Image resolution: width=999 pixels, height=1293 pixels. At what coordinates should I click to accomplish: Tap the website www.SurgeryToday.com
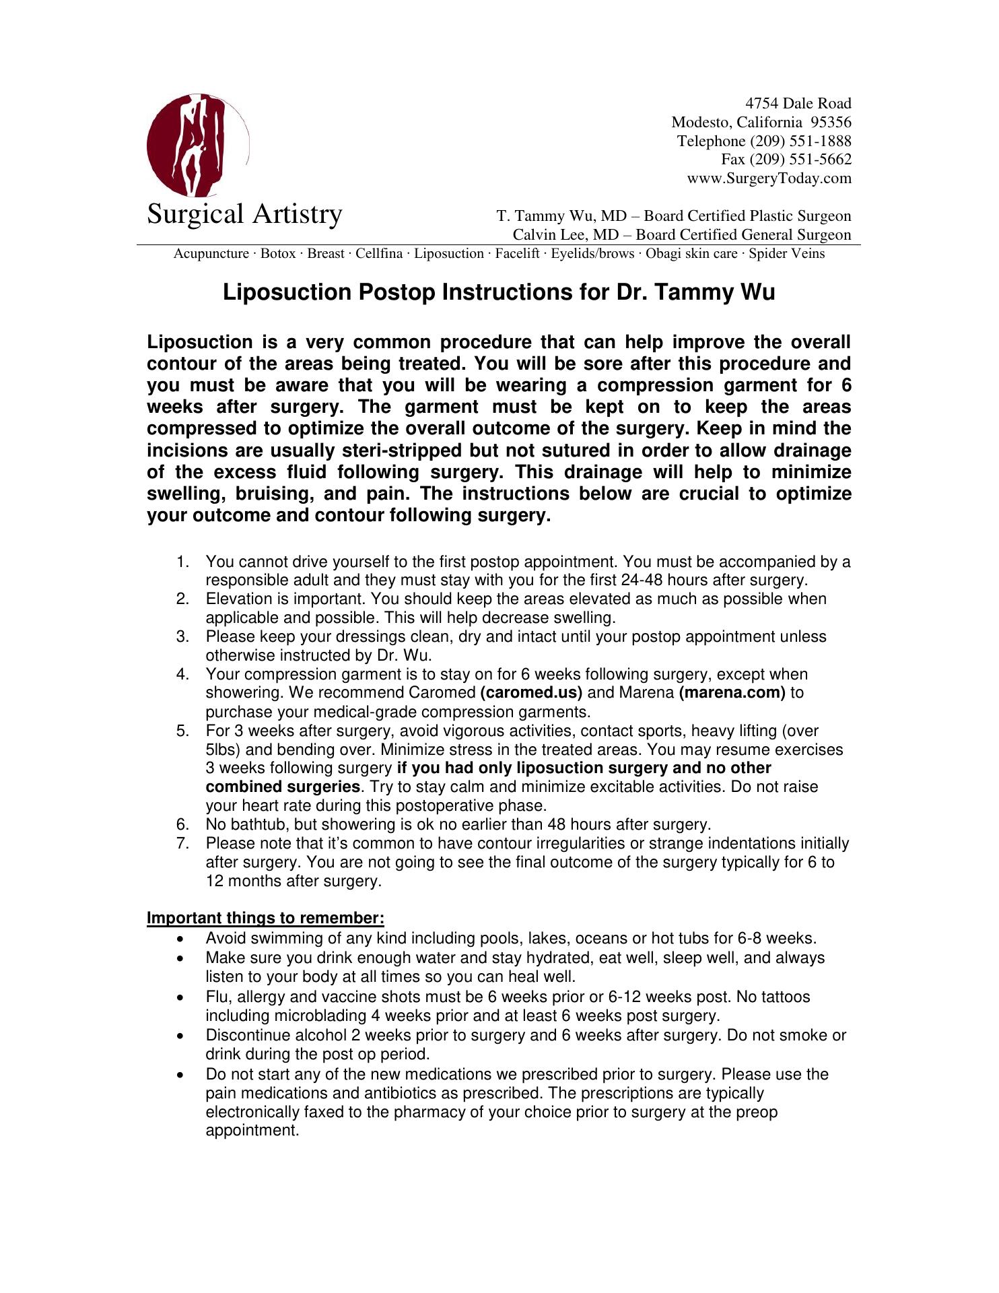point(769,179)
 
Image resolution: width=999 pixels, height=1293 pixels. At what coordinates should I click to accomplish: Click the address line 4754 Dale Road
point(798,104)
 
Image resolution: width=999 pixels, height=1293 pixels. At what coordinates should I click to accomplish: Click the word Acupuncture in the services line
point(211,254)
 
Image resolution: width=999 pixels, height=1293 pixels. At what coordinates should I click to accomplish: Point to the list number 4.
point(182,675)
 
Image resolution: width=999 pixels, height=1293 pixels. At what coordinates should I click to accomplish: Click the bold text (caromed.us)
point(532,693)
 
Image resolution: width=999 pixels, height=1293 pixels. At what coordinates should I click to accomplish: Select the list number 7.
point(182,844)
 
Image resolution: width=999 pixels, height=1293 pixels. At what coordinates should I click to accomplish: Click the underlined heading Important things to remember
point(265,919)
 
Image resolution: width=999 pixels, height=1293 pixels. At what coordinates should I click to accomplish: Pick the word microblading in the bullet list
point(324,1016)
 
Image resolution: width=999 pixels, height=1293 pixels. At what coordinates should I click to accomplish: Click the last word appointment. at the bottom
point(252,1131)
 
